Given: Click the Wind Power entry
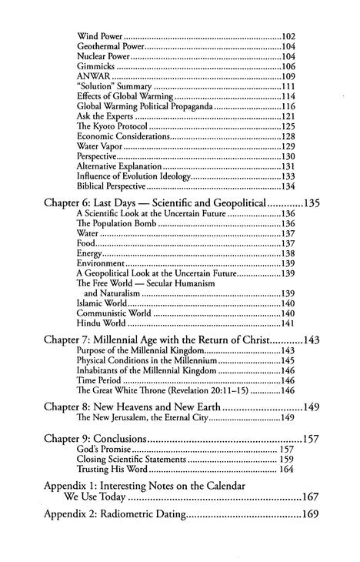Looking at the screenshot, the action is pyautogui.click(x=100, y=36).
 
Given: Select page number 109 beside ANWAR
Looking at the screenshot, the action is pyautogui.click(x=288, y=76).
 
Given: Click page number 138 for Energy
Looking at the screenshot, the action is pyautogui.click(x=288, y=253).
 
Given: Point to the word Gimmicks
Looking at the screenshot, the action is pyautogui.click(x=94, y=66).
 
